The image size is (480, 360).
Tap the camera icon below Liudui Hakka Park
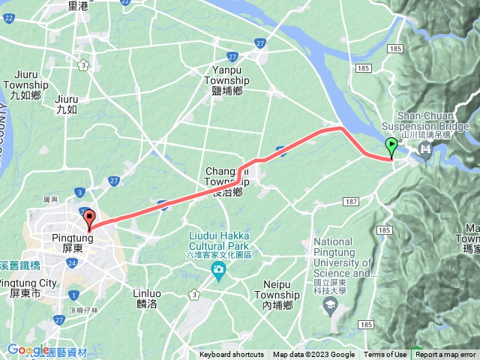point(219,269)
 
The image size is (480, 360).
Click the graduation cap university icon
point(331,304)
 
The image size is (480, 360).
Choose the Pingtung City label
point(28,287)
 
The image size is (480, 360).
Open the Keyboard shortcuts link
point(232,355)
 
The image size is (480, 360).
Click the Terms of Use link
point(385,355)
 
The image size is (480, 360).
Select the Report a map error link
point(445,355)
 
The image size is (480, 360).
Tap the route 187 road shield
point(352,202)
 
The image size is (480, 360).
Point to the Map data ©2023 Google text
point(313,355)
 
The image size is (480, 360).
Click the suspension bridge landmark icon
point(426,148)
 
